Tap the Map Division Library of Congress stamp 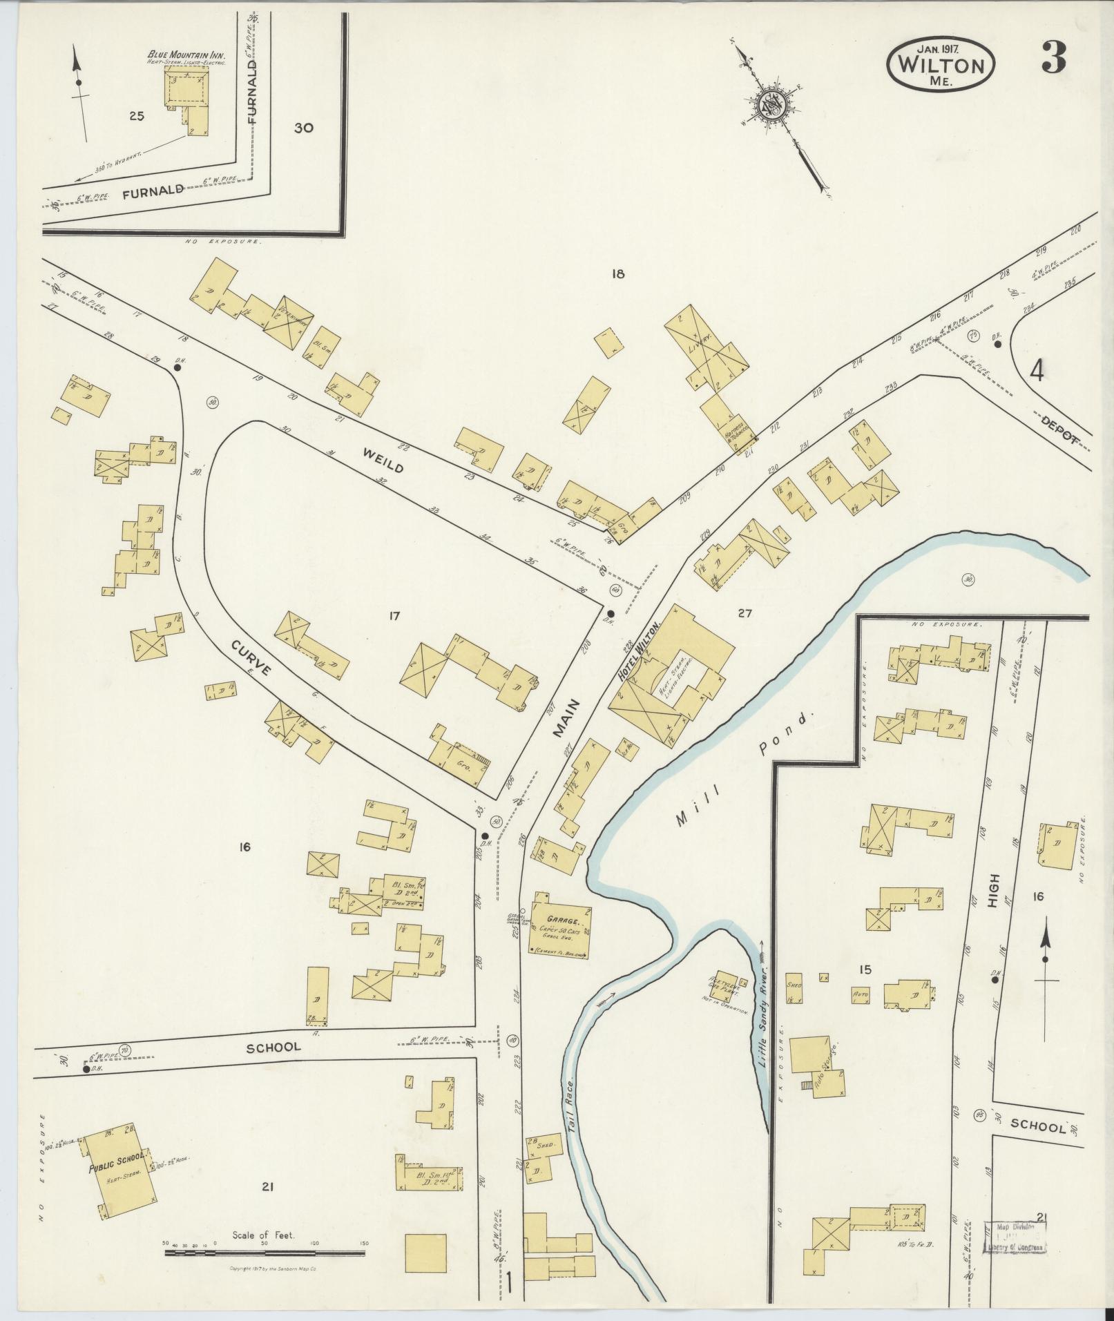tap(1016, 1235)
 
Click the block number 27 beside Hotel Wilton tap(745, 613)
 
